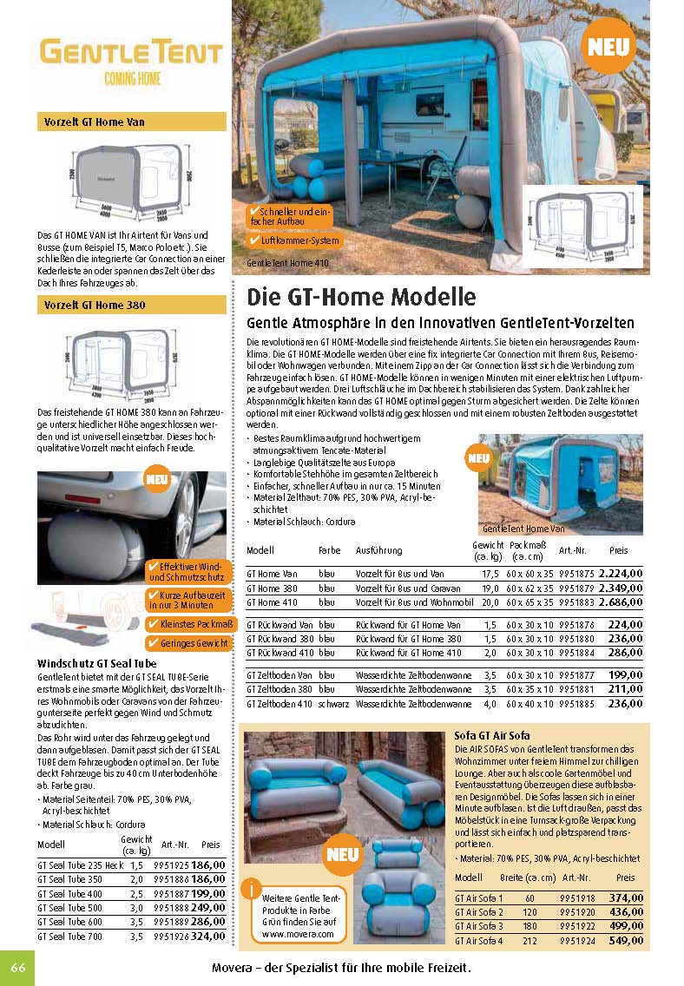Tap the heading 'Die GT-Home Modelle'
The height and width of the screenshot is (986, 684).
[x=361, y=297]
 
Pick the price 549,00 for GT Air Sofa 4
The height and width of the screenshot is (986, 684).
[x=625, y=940]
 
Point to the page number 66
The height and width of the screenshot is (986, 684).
[x=16, y=968]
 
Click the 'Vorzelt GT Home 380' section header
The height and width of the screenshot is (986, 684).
[x=95, y=306]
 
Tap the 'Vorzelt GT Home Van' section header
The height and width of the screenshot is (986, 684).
[x=95, y=122]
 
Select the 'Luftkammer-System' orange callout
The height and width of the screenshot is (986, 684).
[x=294, y=240]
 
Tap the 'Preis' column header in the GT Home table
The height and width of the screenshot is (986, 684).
[x=618, y=550]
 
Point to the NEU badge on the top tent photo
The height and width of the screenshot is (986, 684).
[x=611, y=48]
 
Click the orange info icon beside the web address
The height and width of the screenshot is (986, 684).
[x=252, y=888]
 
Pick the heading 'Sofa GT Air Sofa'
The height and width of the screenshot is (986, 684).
[x=492, y=736]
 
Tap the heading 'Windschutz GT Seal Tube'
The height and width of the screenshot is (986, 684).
[x=96, y=663]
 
